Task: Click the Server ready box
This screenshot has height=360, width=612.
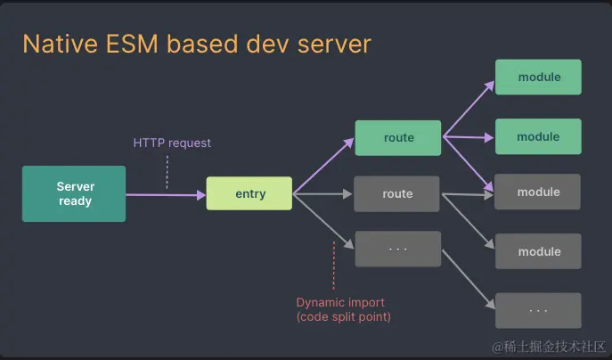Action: [74, 193]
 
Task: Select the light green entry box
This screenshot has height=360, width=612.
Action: [249, 193]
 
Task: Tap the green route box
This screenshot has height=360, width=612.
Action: [397, 138]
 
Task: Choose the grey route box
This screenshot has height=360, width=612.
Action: [397, 193]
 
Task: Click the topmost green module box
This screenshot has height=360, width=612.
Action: [538, 78]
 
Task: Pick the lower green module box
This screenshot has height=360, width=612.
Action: [538, 136]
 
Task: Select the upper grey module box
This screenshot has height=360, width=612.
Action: [538, 192]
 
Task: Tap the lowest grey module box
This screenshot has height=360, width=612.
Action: [538, 251]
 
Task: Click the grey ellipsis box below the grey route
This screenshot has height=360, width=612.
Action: [397, 249]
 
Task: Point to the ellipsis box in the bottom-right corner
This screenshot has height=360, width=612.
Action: [538, 310]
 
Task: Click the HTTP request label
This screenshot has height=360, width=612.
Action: [172, 143]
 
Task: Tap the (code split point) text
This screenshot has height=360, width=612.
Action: [343, 316]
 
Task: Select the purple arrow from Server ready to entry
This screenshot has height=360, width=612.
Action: [166, 193]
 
